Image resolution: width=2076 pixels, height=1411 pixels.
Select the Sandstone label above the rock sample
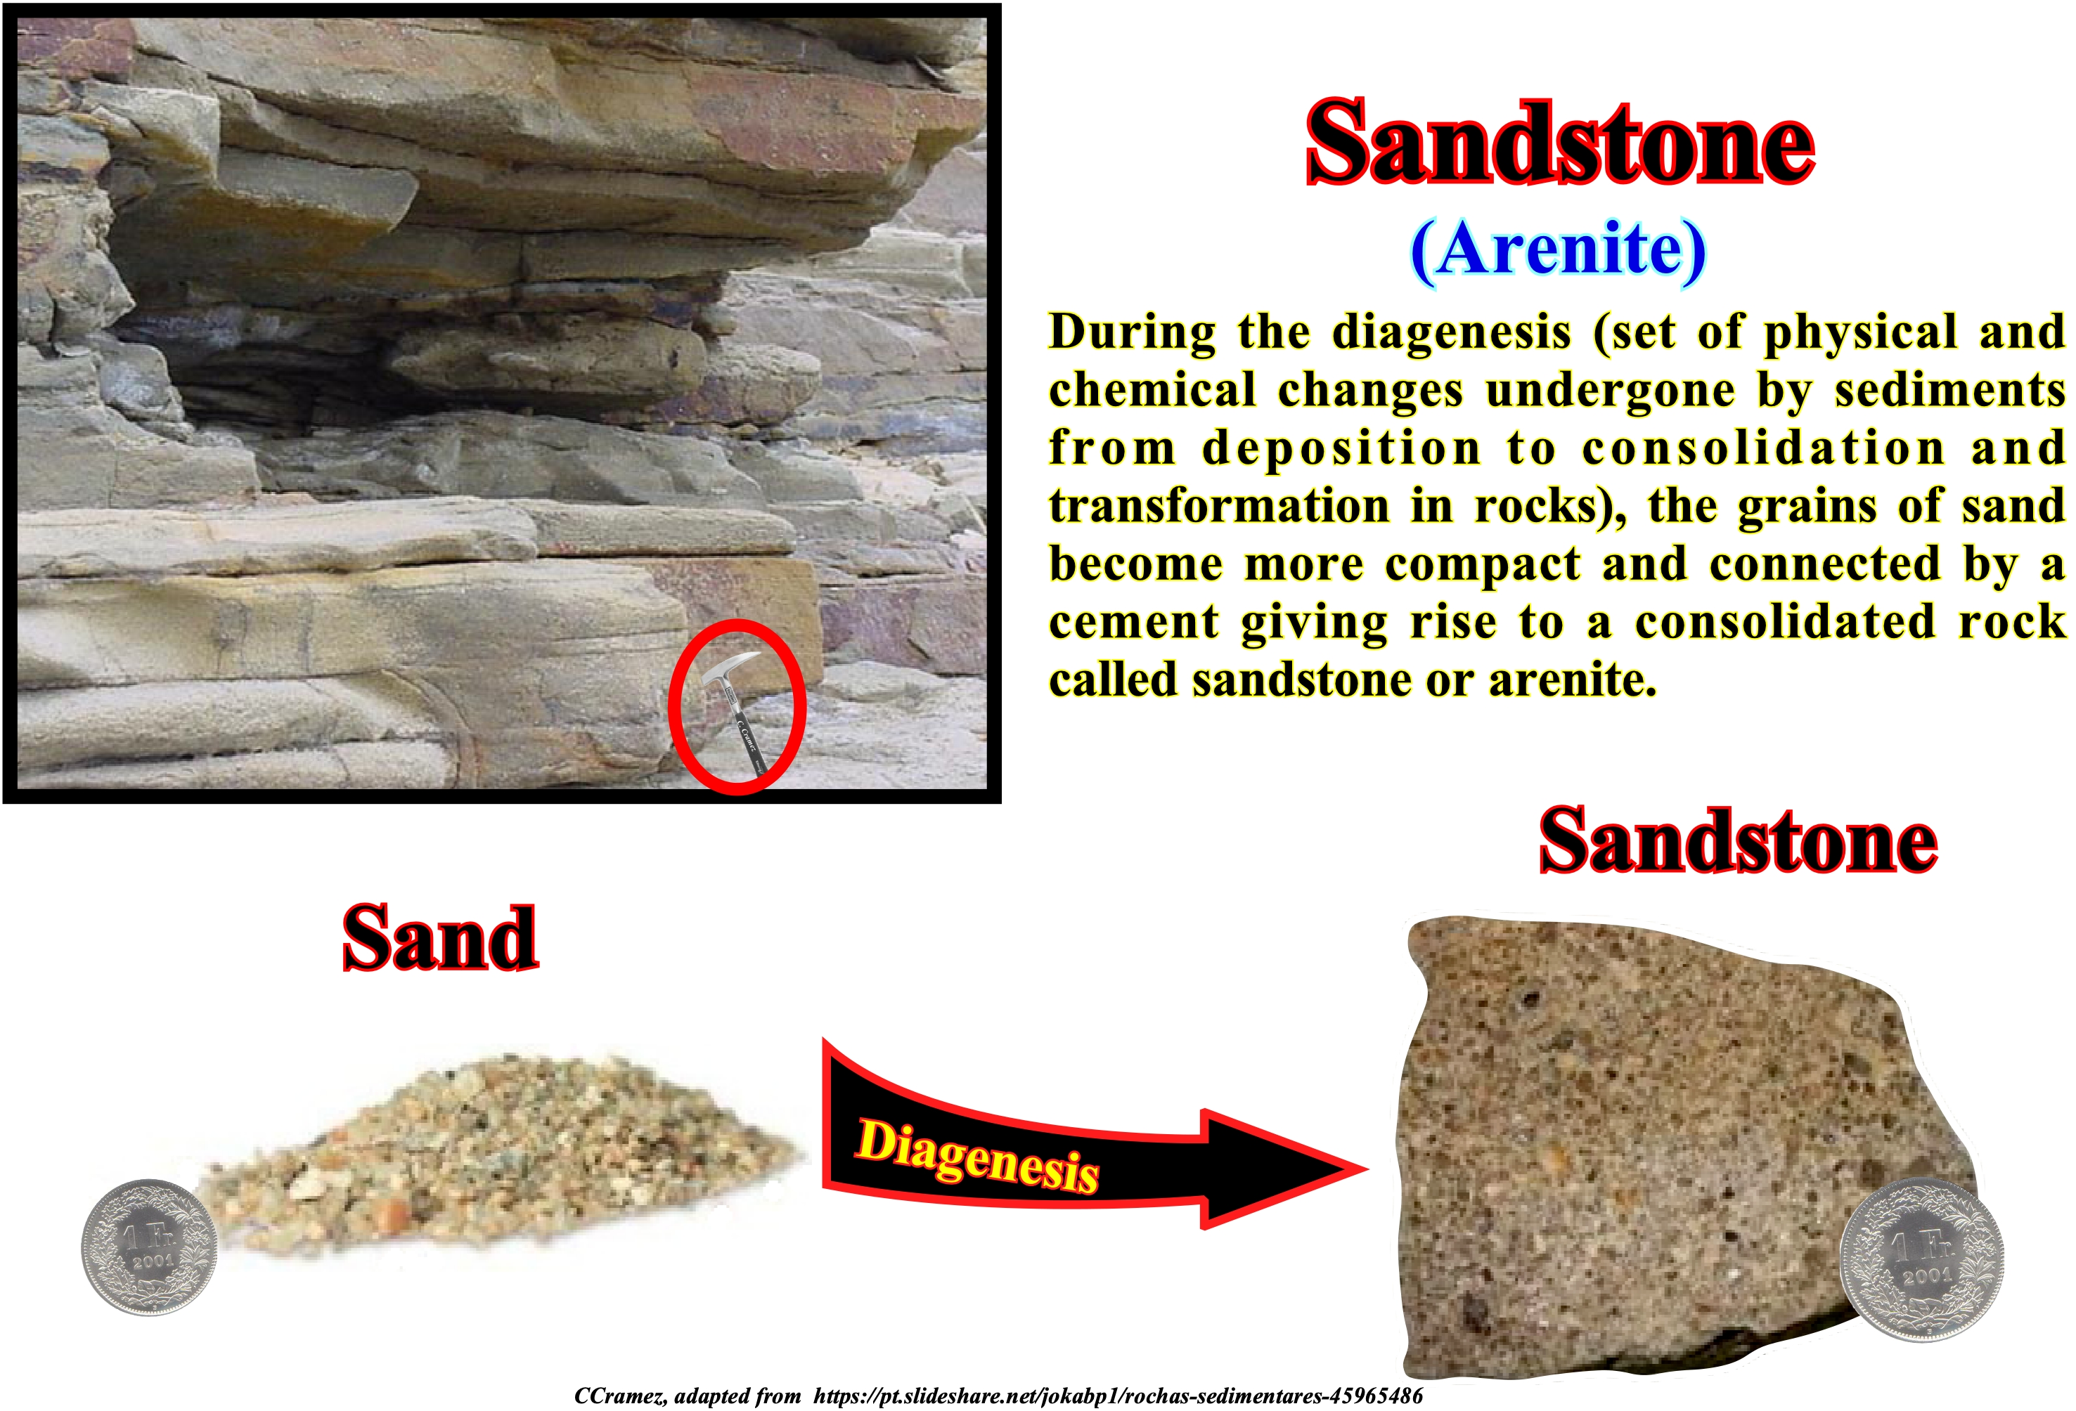pyautogui.click(x=1739, y=840)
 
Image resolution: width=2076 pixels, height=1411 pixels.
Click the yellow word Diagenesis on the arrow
pyautogui.click(x=977, y=1155)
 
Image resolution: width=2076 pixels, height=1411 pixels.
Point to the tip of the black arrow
pyautogui.click(x=1367, y=1167)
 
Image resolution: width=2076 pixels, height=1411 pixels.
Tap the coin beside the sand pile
pyautogui.click(x=148, y=1247)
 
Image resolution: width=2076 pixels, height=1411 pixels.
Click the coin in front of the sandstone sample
pyautogui.click(x=1921, y=1260)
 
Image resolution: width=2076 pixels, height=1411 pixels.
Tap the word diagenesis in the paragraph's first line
pyautogui.click(x=1452, y=332)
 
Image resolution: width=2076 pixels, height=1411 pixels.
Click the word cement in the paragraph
pyautogui.click(x=1133, y=623)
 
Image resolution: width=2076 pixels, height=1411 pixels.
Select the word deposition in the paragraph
pyautogui.click(x=1341, y=448)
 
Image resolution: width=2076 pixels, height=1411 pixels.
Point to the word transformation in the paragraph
pyautogui.click(x=1219, y=507)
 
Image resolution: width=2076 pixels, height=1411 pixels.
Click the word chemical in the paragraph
pyautogui.click(x=1152, y=390)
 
